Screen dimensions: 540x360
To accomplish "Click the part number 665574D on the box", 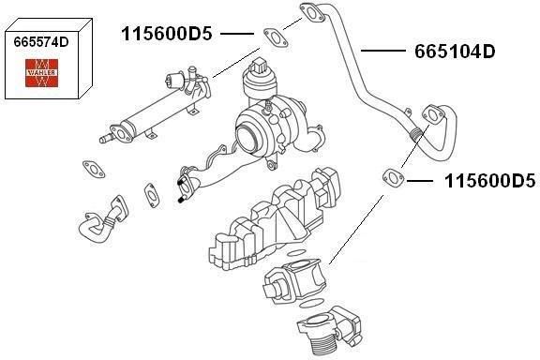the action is tap(41, 42).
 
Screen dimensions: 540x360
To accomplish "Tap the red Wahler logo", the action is tap(41, 73).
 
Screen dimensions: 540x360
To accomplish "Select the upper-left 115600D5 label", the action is tap(167, 34).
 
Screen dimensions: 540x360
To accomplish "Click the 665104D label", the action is tap(455, 52).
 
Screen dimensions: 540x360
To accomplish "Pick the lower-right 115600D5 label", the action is tap(490, 181).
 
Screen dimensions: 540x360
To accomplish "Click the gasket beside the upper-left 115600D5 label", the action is tap(276, 37).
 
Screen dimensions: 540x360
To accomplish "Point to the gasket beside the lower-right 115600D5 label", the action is tap(394, 178).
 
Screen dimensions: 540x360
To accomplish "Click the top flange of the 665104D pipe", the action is tap(312, 13).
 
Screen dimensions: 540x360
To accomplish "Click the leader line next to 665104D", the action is tap(383, 51).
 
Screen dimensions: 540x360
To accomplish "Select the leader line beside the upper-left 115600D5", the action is tap(237, 34).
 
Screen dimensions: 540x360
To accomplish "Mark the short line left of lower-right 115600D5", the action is tap(419, 181).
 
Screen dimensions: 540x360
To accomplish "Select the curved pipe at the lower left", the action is tap(102, 221).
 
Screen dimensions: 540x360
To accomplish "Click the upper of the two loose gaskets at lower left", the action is tap(94, 169).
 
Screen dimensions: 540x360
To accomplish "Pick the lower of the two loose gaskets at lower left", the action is tap(152, 195).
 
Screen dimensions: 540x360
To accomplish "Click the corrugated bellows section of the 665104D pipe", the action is tap(414, 134).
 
